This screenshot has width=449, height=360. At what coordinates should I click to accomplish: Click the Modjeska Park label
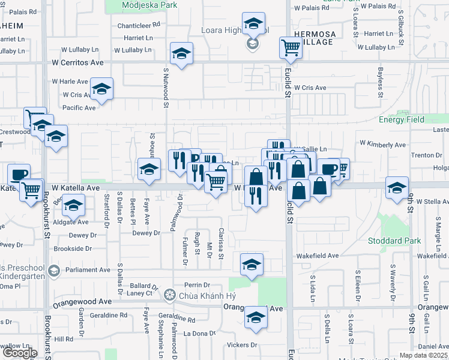140,5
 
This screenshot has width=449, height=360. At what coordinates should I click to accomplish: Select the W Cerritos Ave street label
77,62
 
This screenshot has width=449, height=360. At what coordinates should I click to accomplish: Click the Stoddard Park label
414,245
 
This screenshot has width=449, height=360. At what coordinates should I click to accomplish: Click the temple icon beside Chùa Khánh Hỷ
170,294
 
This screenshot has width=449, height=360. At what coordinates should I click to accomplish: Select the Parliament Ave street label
86,270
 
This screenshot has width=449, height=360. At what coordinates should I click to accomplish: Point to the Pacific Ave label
79,108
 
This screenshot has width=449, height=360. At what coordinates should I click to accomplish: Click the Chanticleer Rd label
139,26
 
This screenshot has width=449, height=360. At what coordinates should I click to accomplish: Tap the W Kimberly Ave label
382,145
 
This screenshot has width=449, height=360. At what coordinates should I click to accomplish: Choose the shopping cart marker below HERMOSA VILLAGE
291,47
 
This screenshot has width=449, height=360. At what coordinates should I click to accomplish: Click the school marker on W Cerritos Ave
181,53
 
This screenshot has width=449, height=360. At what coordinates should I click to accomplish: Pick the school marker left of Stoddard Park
397,188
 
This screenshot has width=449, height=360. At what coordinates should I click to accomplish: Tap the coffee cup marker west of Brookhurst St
19,174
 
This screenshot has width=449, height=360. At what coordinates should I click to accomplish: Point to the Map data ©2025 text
424,355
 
